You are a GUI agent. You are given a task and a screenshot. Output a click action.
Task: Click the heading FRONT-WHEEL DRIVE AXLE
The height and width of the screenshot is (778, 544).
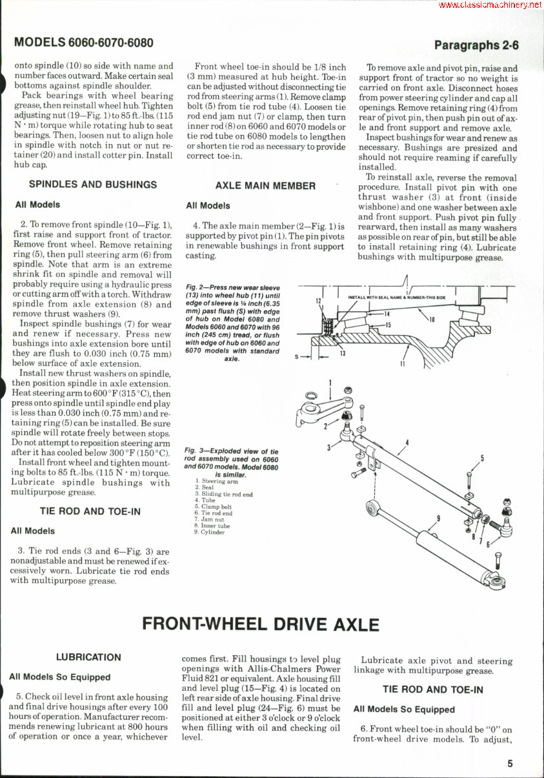(x=260, y=624)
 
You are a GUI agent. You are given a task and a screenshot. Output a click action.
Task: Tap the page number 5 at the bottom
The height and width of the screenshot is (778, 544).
(x=510, y=763)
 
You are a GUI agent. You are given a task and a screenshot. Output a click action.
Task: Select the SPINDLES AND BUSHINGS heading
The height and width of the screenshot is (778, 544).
(x=92, y=184)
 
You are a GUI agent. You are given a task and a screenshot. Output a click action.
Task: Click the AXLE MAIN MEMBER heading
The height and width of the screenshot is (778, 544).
(x=265, y=185)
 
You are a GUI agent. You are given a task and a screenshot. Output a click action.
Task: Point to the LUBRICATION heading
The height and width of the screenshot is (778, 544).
(x=88, y=657)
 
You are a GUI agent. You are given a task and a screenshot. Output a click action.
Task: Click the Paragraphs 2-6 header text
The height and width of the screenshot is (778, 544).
(x=476, y=45)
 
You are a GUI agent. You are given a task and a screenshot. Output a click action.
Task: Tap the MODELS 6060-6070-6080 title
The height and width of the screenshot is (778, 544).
(x=84, y=43)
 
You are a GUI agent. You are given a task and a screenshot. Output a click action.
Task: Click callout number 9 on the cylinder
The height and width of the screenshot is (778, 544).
(x=438, y=517)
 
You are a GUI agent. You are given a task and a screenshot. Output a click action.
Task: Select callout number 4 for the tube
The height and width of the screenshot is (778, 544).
(x=407, y=442)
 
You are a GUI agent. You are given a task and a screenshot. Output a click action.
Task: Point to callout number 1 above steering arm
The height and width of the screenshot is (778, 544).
(x=331, y=382)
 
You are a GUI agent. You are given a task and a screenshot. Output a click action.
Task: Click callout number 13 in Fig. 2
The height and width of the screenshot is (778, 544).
(x=342, y=353)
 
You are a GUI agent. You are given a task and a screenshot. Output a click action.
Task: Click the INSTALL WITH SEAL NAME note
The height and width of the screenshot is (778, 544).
(x=397, y=297)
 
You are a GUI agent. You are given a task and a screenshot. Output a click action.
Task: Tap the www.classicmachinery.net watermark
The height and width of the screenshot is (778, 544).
(x=490, y=5)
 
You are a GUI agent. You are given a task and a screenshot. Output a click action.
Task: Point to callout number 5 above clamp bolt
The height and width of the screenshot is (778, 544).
(x=482, y=459)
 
